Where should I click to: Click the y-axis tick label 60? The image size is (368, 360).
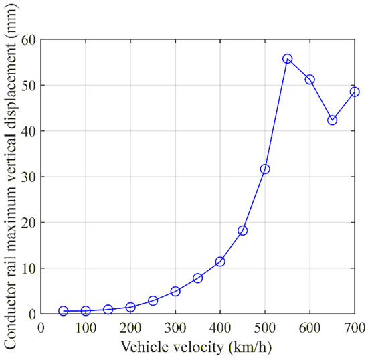tap(29, 40)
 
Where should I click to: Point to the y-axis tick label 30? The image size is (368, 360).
tap(29, 177)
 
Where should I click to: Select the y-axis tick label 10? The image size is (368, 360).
tap(29, 269)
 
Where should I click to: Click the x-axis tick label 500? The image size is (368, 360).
tap(265, 327)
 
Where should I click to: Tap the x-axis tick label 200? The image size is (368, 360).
tap(130, 327)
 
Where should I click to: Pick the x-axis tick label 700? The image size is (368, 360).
tap(355, 327)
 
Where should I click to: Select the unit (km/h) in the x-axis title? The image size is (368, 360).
tap(250, 347)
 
